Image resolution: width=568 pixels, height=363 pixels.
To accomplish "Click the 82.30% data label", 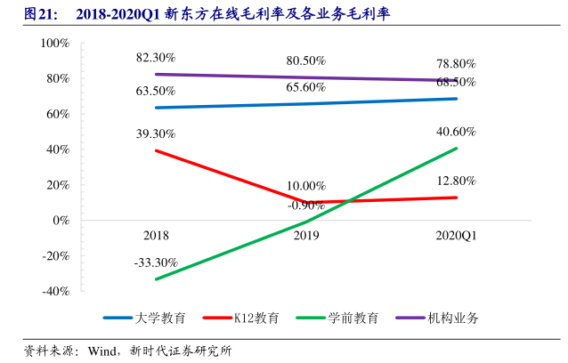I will point(156,58).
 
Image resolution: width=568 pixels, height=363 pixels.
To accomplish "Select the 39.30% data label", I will point(156,133).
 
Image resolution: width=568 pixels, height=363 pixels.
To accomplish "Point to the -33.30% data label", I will point(156,263).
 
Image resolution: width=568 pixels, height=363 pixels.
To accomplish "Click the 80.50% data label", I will point(305,61).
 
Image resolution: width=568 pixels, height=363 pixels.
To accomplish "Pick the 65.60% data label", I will point(305,87).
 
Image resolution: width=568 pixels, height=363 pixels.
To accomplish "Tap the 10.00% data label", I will point(305,186).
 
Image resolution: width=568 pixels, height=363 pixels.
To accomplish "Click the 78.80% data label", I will point(456,64).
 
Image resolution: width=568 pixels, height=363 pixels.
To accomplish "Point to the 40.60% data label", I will point(456,132).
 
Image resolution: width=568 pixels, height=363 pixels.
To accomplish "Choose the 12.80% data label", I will point(456,181).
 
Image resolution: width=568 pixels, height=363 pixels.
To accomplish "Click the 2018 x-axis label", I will point(156,236).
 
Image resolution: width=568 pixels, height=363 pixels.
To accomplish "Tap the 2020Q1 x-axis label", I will point(456,236).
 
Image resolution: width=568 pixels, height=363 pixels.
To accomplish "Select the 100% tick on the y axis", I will point(55,44).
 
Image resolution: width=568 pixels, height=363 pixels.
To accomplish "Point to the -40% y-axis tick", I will point(55,291).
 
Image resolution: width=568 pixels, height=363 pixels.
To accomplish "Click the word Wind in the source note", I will point(102,350).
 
